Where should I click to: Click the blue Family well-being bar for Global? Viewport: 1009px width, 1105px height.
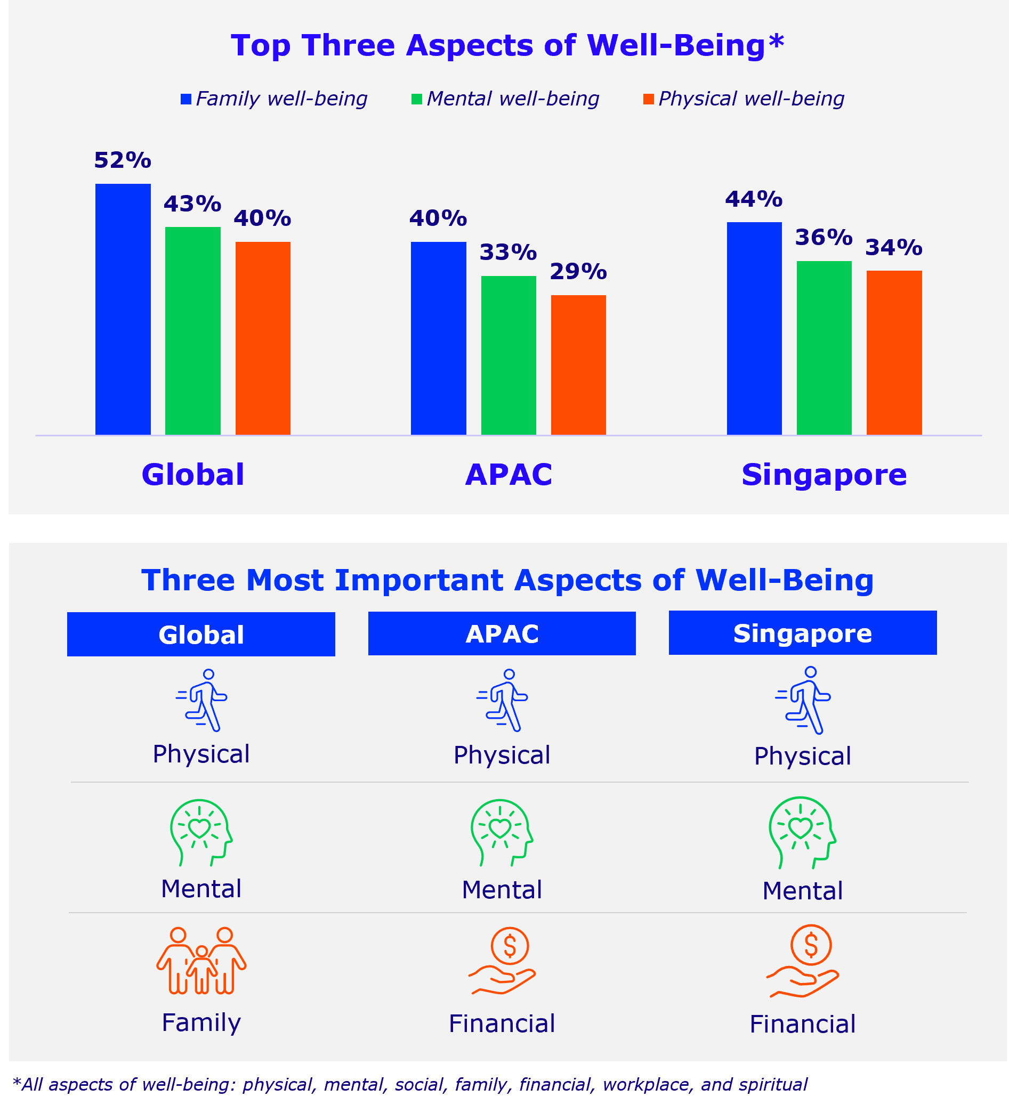pyautogui.click(x=123, y=309)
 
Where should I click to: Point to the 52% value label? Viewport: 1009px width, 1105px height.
pyautogui.click(x=122, y=160)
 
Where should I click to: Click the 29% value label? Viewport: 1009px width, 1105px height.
pyautogui.click(x=578, y=272)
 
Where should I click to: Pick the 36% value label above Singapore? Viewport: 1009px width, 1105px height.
pyautogui.click(x=824, y=238)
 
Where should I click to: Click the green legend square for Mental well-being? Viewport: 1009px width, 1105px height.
pyautogui.click(x=417, y=99)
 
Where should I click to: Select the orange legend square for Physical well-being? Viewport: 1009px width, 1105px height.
pyautogui.click(x=648, y=99)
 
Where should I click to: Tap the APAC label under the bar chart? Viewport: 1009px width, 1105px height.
pyautogui.click(x=508, y=475)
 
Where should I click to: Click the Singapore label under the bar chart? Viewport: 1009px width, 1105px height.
pyautogui.click(x=824, y=475)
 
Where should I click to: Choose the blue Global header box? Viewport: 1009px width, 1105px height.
pyautogui.click(x=201, y=634)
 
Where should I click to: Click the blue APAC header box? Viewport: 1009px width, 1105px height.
pyautogui.click(x=502, y=633)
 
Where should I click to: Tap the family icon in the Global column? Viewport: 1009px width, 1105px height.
pyautogui.click(x=201, y=961)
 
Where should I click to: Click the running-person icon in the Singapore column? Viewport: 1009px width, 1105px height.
pyautogui.click(x=803, y=700)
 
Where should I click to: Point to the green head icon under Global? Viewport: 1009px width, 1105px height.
pyautogui.click(x=201, y=832)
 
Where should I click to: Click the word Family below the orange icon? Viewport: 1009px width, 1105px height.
pyautogui.click(x=201, y=1023)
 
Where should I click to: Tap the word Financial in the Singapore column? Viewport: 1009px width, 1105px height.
pyautogui.click(x=802, y=1025)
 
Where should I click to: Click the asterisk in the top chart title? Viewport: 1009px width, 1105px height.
pyautogui.click(x=776, y=41)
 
